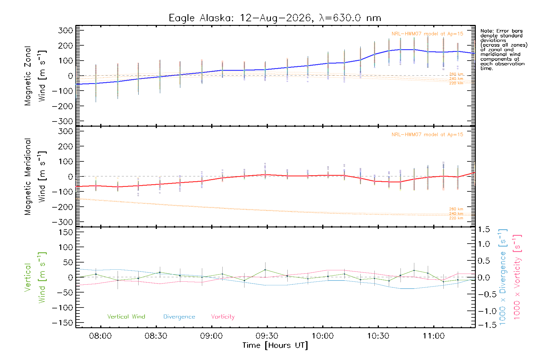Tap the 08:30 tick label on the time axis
(156, 336)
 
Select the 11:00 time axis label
(433, 336)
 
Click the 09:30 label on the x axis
(267, 336)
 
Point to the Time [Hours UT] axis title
(275, 346)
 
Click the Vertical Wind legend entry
(126, 316)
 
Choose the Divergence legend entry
(179, 317)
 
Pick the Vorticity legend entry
(223, 316)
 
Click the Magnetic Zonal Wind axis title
(35, 76)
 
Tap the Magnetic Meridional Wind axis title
(35, 177)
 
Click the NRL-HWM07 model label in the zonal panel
(427, 34)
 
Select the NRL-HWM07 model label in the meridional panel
(427, 134)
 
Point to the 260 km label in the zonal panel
(456, 74)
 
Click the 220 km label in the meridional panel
(456, 218)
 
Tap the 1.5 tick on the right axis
(484, 229)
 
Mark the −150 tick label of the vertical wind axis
(62, 323)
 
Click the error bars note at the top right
(504, 50)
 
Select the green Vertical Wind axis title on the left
(35, 277)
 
